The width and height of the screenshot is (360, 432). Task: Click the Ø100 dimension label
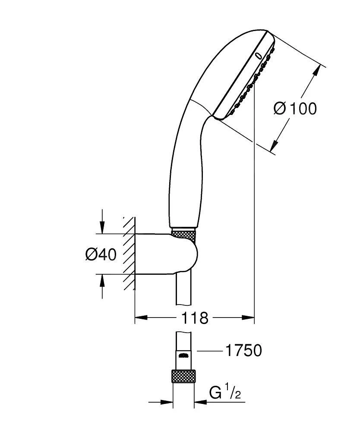pos(295,108)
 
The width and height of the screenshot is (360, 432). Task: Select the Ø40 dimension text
pos(101,255)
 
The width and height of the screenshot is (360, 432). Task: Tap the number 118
pos(194,318)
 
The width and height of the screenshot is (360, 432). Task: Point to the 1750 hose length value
pos(243,351)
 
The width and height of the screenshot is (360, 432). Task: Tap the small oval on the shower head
pos(258,55)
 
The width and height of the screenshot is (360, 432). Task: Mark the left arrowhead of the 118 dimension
pos(140,318)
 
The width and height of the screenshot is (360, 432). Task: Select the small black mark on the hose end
pos(183,356)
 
